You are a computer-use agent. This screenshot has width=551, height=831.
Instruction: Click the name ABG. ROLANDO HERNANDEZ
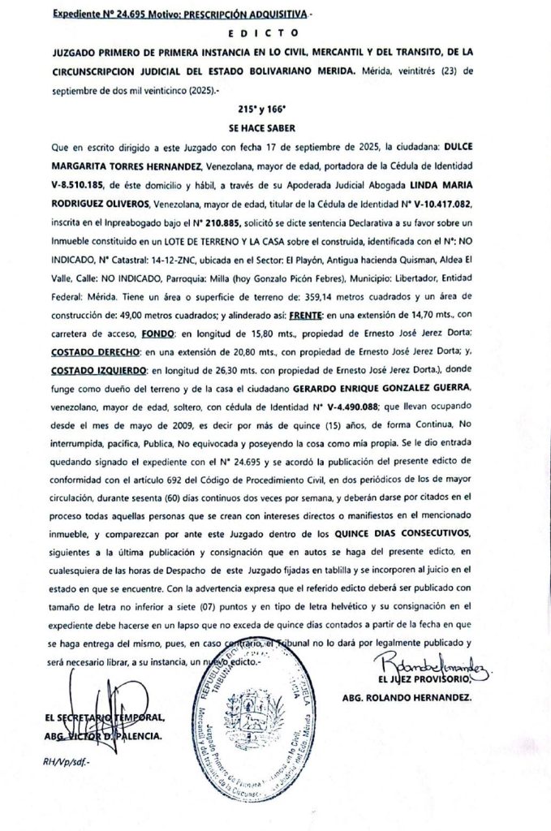tap(407, 696)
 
